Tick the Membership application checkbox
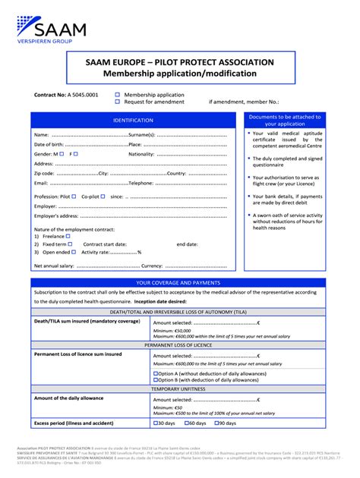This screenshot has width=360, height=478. (x=118, y=95)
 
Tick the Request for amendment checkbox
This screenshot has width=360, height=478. (x=118, y=101)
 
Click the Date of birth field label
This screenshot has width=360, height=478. (x=49, y=144)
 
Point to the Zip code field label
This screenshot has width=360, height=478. (x=44, y=173)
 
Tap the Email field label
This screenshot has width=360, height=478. (x=41, y=183)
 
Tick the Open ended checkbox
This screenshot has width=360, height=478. (x=73, y=252)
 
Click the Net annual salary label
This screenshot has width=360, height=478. (x=54, y=266)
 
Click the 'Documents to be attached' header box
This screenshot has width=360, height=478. (x=285, y=120)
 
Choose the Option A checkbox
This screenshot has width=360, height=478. (x=156, y=373)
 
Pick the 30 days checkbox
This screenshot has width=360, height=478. (x=156, y=423)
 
